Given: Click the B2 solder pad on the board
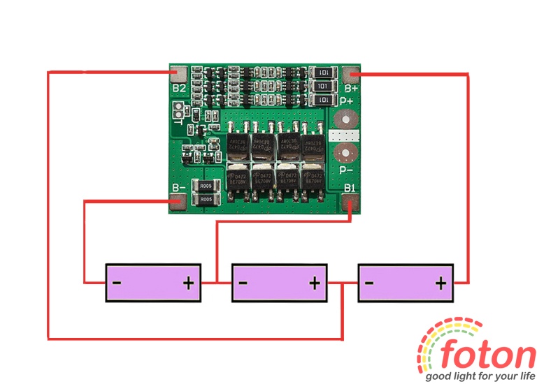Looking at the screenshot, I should coord(180,73).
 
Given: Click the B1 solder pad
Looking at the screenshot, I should coord(351,202).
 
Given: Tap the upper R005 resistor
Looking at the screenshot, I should coord(206,186).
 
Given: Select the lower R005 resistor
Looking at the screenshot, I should coord(206,200).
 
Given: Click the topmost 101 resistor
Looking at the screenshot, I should coord(322,72).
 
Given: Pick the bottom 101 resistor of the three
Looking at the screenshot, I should coord(322,101).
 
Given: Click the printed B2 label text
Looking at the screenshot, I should coord(179,89).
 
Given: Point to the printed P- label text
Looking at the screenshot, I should coord(345,170).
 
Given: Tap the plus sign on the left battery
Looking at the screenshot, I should coord(188,283).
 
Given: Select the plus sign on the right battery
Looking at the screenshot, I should coord(441,283).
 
